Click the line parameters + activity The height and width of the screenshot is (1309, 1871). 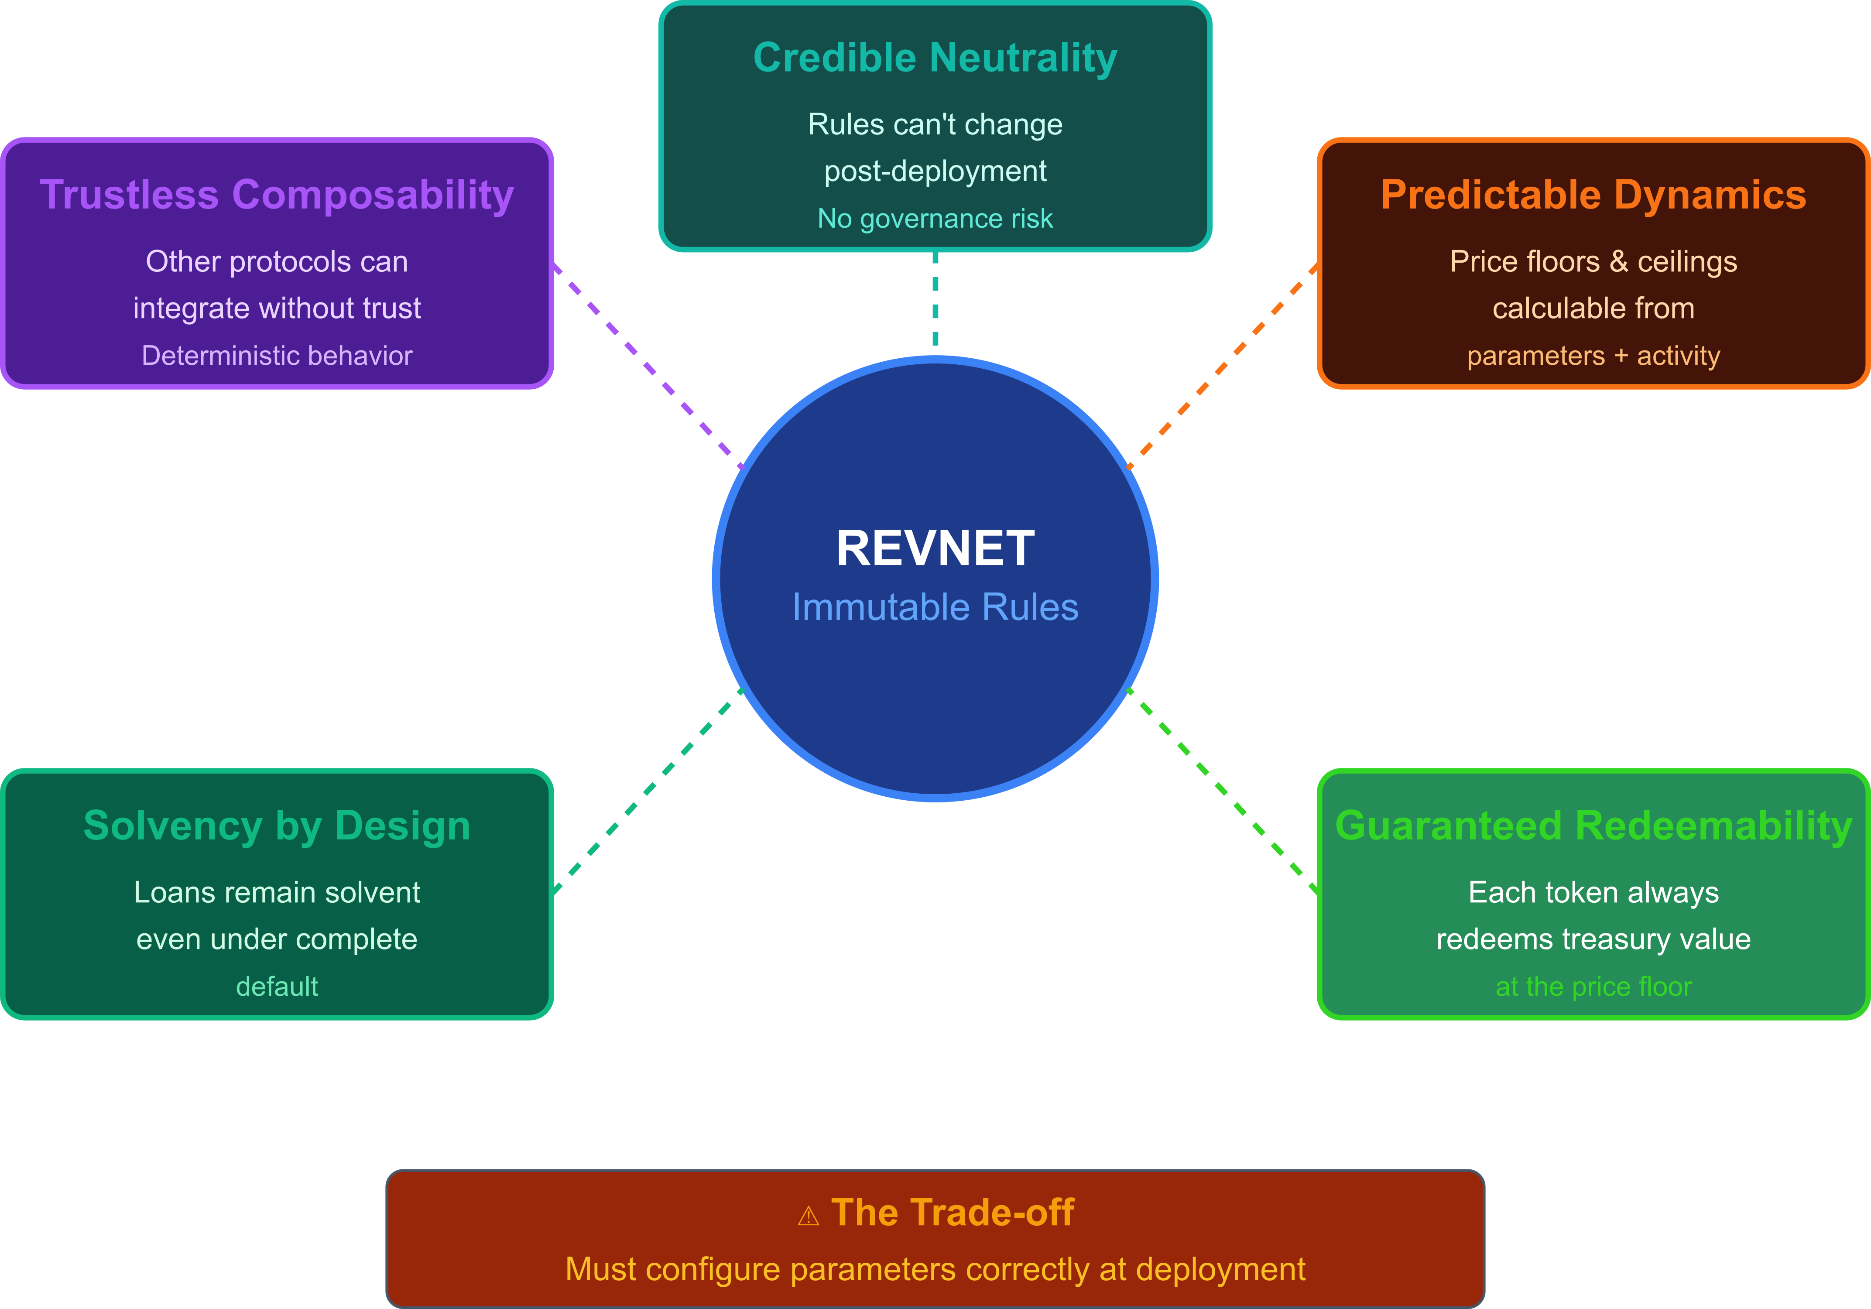tap(1593, 355)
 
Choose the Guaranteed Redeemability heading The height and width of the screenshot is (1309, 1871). tap(1593, 826)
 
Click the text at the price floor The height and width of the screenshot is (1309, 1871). tap(1593, 986)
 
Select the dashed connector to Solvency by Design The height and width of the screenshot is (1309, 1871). tap(648, 791)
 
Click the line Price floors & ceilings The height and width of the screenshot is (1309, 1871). tap(1593, 262)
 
